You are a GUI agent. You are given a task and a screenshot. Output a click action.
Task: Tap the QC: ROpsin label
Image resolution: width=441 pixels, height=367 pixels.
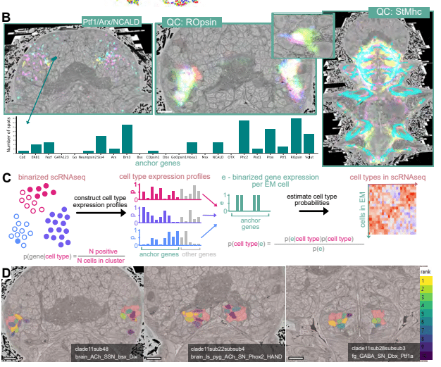pos(195,23)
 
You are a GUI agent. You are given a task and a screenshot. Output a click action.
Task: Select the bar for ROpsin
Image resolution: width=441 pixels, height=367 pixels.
pos(296,135)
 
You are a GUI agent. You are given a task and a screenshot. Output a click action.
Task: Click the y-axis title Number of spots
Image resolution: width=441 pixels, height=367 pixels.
pos(9,137)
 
